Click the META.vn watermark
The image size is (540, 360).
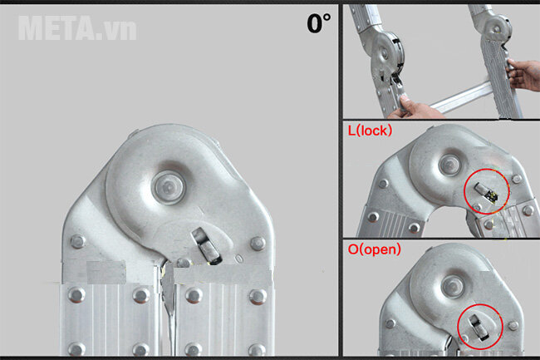pos(77,28)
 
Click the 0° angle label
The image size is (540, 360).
pos(318,23)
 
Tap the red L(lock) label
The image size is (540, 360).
pos(370,131)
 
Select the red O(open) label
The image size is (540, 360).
pos(375,249)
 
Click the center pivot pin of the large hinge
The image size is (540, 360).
pos(169,187)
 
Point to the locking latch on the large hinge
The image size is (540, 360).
pos(206,246)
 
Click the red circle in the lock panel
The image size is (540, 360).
pos(486,191)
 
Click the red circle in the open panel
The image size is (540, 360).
pos(480,327)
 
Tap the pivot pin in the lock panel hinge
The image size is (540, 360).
pos(449,165)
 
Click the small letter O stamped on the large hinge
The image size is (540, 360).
pos(239,259)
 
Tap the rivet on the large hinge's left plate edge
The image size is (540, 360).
pos(78,241)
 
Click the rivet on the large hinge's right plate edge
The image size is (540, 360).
pos(258,244)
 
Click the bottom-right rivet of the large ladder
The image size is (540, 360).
pos(257,349)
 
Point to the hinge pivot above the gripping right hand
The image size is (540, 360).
pos(497,28)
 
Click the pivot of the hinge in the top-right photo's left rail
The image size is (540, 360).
pos(384,53)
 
